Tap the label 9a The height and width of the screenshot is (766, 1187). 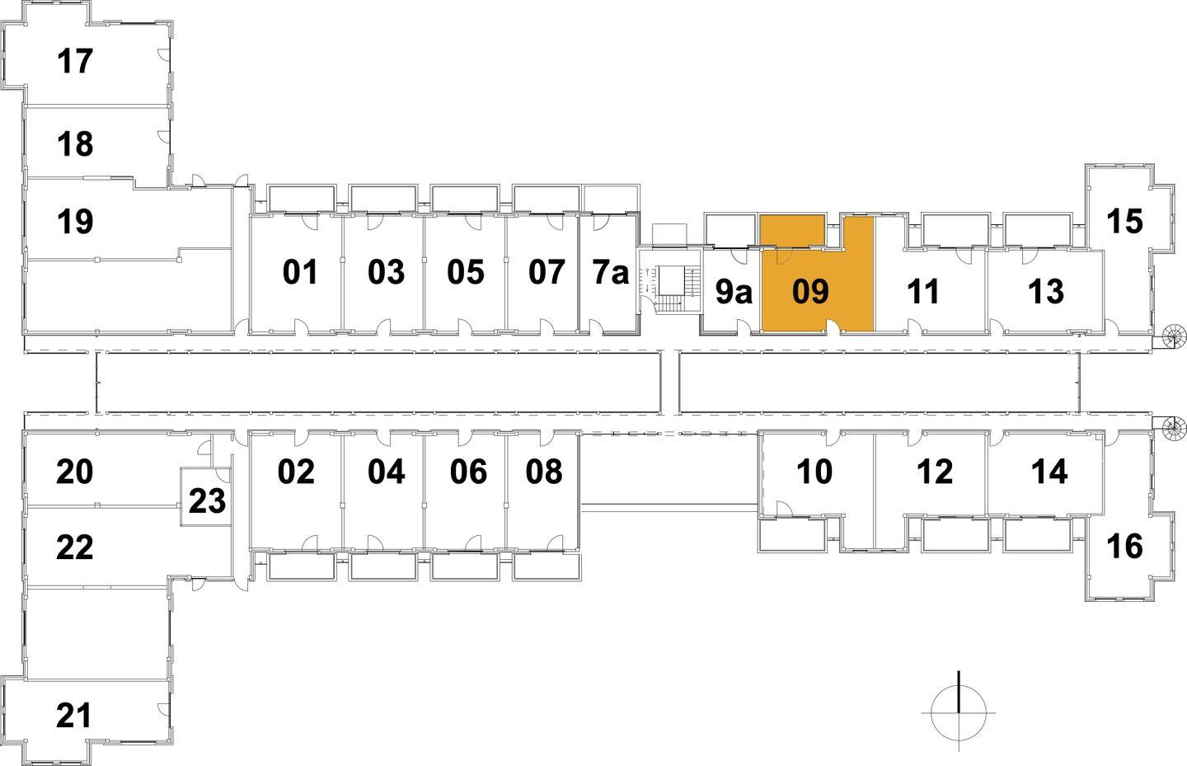pos(733,292)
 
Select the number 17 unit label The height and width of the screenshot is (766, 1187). pos(75,61)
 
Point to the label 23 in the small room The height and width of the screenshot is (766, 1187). pos(207,500)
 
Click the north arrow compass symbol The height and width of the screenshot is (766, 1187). pos(959,712)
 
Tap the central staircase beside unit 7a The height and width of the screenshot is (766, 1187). pos(669,289)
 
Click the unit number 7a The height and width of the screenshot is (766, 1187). pos(610,272)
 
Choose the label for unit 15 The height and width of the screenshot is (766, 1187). pos(1124,221)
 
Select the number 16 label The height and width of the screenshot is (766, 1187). pos(1124,546)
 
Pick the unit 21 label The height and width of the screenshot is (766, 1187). pos(74,716)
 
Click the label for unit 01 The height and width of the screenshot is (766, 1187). pos(300,272)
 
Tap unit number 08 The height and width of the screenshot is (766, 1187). pos(544,472)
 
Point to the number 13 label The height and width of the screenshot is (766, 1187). pos(1046,291)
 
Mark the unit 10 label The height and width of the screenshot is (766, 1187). pos(814,472)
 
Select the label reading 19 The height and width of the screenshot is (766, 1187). pos(75,221)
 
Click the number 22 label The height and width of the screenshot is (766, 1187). pos(74,547)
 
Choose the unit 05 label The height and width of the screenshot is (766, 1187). pos(466,272)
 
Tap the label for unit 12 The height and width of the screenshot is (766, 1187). pos(935,472)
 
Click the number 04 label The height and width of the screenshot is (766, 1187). pos(386,472)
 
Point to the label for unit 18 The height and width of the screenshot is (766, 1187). pos(75,144)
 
